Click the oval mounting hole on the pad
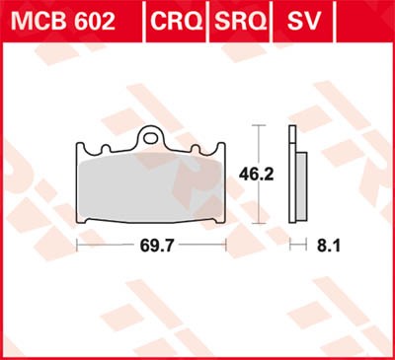coord(152,139)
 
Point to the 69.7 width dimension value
coord(152,240)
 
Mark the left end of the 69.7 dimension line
coord(77,240)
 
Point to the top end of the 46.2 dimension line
coord(259,126)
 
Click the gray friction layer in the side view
coord(301,178)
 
